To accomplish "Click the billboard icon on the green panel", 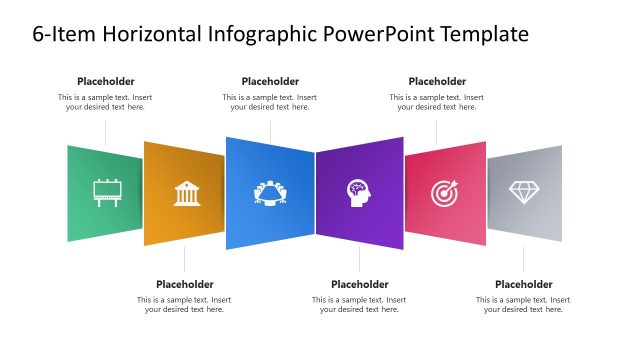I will click(x=105, y=192).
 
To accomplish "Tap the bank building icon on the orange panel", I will click(x=186, y=192).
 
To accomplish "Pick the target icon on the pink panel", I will click(x=444, y=192).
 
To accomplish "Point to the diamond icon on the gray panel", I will click(x=524, y=191).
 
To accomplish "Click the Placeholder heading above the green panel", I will click(x=106, y=81).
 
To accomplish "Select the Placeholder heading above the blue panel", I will click(x=270, y=81).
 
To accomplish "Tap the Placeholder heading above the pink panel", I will click(x=437, y=81).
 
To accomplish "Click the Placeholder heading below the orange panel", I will click(x=185, y=284).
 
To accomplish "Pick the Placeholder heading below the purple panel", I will click(x=359, y=284).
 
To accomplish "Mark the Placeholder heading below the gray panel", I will click(x=524, y=284).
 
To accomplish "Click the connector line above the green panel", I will click(x=106, y=132).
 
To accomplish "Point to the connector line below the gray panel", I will click(x=524, y=258).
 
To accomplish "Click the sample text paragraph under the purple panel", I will click(x=359, y=304).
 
